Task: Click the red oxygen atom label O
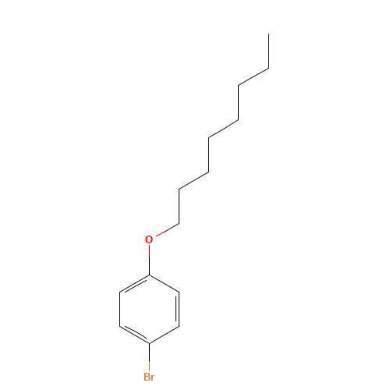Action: point(149,239)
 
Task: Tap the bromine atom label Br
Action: point(149,377)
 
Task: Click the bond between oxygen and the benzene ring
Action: point(149,260)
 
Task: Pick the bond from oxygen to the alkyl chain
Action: point(168,229)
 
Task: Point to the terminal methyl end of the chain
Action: point(268,34)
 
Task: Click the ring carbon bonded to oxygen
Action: point(149,275)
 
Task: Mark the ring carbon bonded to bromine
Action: point(149,343)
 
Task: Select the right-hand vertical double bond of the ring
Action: point(179,309)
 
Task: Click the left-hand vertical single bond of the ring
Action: point(119,309)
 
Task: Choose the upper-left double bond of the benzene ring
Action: point(134,283)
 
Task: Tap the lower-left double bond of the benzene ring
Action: point(134,335)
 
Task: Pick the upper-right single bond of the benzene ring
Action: point(164,283)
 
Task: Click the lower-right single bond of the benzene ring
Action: point(164,335)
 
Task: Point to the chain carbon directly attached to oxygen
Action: point(179,223)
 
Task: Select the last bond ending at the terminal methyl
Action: point(268,51)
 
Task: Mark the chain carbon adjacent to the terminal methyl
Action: point(268,69)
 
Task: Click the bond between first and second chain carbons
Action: point(179,206)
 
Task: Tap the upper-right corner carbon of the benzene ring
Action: point(179,292)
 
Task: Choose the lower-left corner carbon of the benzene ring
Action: point(119,326)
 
